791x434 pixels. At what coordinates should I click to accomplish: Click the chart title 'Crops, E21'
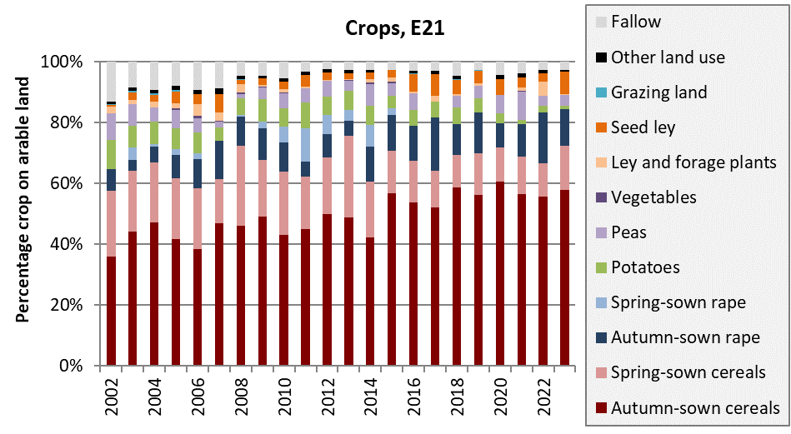tap(395, 30)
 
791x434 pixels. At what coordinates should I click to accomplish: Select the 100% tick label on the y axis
tap(63, 62)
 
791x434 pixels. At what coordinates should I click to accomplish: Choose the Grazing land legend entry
tap(658, 92)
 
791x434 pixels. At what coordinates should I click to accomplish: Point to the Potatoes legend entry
tap(645, 267)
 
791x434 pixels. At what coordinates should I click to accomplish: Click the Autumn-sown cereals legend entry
tap(695, 407)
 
